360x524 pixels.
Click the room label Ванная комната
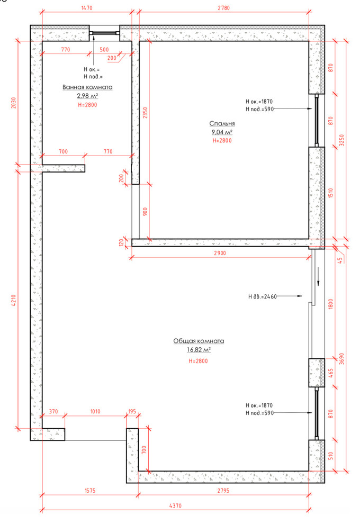pyautogui.click(x=87, y=87)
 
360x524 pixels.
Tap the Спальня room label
pyautogui.click(x=222, y=123)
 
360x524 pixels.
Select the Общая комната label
pyautogui.click(x=199, y=341)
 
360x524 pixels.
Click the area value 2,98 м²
pyautogui.click(x=87, y=96)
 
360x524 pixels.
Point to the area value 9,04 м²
pyautogui.click(x=222, y=132)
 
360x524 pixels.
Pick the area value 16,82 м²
pyautogui.click(x=199, y=349)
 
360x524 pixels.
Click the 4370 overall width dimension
pyautogui.click(x=175, y=505)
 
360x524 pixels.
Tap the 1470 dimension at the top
pyautogui.click(x=87, y=8)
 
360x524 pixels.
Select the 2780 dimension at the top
pyautogui.click(x=223, y=8)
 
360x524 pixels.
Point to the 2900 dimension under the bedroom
pyautogui.click(x=220, y=253)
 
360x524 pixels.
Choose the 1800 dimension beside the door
pyautogui.click(x=330, y=304)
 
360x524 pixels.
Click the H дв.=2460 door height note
pyautogui.click(x=263, y=296)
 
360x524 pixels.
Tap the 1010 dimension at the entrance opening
pyautogui.click(x=95, y=411)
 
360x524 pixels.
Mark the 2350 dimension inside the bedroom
pyautogui.click(x=145, y=113)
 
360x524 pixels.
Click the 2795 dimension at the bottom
pyautogui.click(x=223, y=491)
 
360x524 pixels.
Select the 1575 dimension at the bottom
pyautogui.click(x=90, y=491)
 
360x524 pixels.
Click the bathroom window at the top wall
pyautogui.click(x=104, y=33)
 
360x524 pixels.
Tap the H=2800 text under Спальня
pyautogui.click(x=222, y=141)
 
